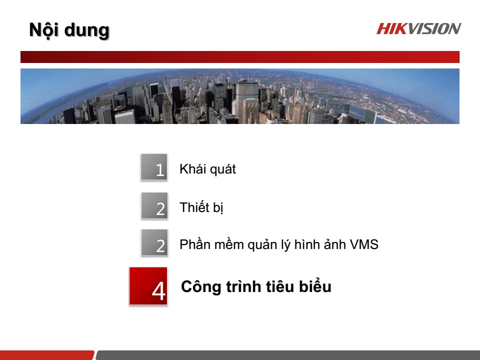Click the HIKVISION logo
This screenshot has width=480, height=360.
coord(418,28)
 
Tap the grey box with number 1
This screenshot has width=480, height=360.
coord(153,166)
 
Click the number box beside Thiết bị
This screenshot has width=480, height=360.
coord(154,205)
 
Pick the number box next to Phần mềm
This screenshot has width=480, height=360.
coord(154,242)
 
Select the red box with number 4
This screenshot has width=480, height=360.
coord(148,286)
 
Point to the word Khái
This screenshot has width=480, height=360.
coord(191,169)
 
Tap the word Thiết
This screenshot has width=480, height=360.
coord(193,207)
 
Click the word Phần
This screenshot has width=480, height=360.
coord(193,245)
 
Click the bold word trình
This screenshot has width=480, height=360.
coord(240,287)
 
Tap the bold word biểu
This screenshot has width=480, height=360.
coord(314,287)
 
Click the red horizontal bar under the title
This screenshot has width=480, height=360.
coord(239,57)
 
